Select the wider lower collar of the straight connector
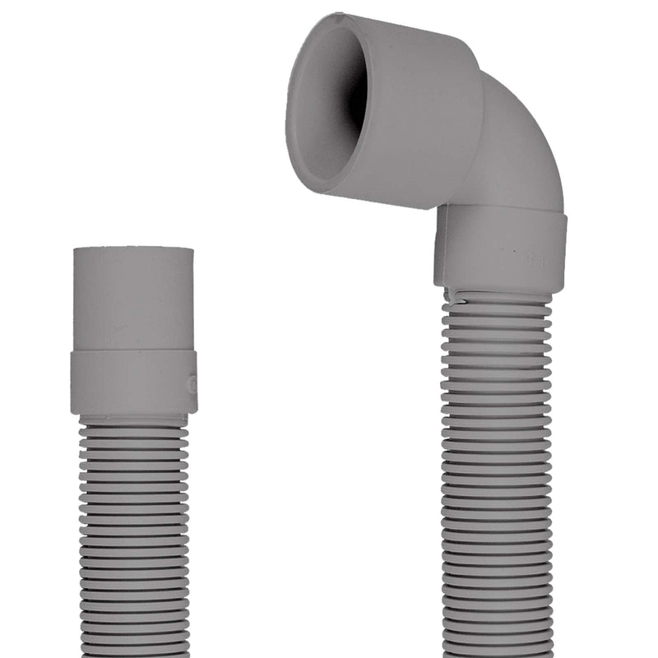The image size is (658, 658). [x=133, y=382]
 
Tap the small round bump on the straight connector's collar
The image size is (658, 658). [x=192, y=383]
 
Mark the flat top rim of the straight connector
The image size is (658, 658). [x=133, y=249]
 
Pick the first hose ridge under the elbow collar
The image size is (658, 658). [x=497, y=301]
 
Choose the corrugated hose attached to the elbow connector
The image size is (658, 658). [x=497, y=477]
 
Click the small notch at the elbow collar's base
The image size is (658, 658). [x=450, y=291]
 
